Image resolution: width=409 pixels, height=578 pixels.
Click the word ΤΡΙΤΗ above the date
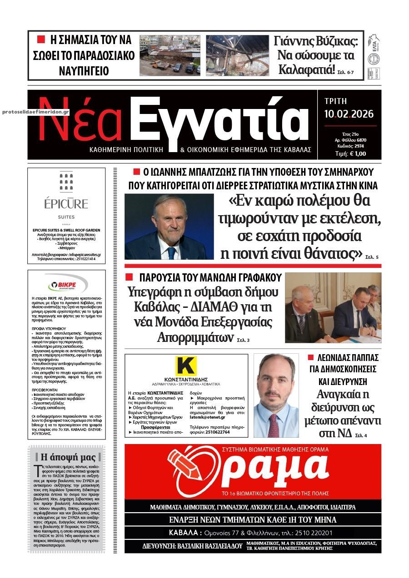335,101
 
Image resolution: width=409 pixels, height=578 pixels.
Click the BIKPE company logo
66,285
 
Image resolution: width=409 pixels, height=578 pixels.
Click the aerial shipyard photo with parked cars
170,55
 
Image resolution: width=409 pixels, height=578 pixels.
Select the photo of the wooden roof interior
237,55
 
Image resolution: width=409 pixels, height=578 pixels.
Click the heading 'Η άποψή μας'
68,457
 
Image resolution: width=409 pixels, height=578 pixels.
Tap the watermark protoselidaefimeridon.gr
35,111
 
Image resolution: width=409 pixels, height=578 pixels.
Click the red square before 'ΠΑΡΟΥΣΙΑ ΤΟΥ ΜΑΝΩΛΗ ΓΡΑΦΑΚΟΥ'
129,277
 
